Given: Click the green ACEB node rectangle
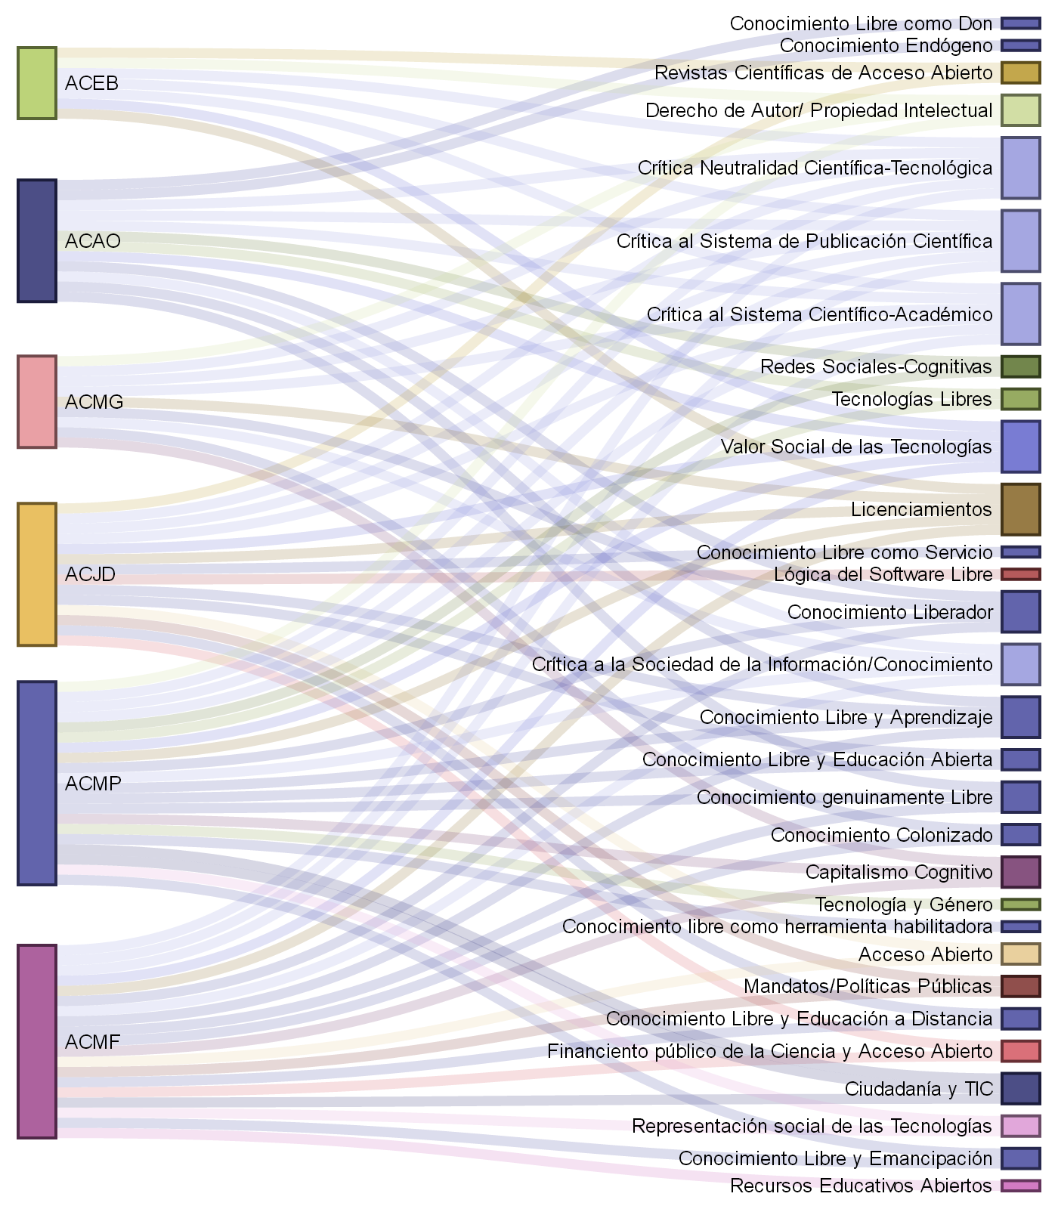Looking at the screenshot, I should [x=37, y=83].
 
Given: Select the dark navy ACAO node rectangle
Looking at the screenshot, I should [x=37, y=240].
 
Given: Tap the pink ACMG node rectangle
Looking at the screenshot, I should [x=37, y=401].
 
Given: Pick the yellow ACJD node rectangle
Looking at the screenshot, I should [x=37, y=574].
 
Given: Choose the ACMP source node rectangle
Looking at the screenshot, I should [x=37, y=783].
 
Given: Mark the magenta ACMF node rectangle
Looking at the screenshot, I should [x=37, y=1041].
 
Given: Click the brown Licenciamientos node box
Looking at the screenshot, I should [x=1020, y=509].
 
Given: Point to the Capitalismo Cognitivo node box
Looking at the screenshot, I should [x=1020, y=872].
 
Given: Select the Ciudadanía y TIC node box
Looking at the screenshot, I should [x=1020, y=1088].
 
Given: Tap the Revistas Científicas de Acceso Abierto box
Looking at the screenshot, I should [x=1020, y=73].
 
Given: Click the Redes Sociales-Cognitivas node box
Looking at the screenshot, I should [x=1020, y=366].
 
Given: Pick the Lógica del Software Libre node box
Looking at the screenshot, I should [x=1020, y=574].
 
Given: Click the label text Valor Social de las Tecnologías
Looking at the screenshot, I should [x=855, y=447].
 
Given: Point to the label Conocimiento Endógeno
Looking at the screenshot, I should [x=886, y=45].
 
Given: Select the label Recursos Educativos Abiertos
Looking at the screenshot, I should [x=861, y=1186].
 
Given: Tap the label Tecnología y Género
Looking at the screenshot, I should [x=903, y=904].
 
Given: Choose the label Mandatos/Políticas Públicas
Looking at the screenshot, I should [x=868, y=986].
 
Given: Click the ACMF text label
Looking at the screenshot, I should [x=92, y=1042].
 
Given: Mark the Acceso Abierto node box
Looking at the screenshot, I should [x=1020, y=954].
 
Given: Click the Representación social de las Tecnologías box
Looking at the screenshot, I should [x=1020, y=1126].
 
